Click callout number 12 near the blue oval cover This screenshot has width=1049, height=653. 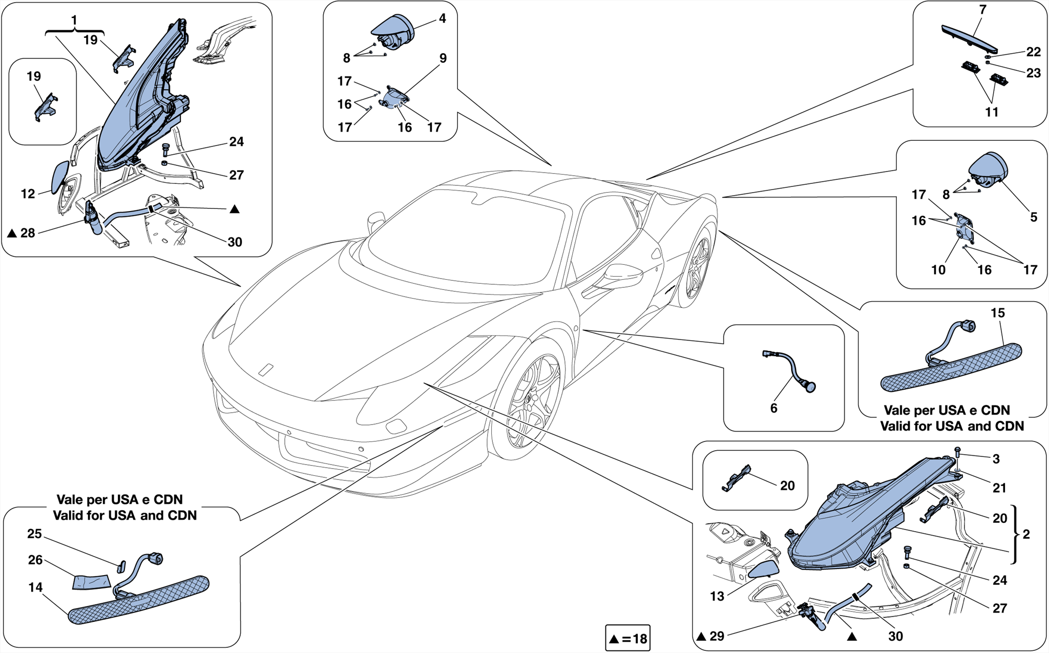(x=28, y=194)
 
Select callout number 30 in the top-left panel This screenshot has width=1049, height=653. (x=235, y=242)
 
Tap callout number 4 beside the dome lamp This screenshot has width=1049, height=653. (x=442, y=18)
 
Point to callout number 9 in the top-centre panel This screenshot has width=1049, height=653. (x=443, y=58)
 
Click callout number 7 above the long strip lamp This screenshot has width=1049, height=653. (x=982, y=10)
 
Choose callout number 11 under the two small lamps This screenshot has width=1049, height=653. (x=992, y=112)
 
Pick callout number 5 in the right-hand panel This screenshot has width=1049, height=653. (x=1033, y=217)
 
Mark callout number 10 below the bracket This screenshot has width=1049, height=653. (x=938, y=270)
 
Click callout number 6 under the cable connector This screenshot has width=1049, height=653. (x=773, y=408)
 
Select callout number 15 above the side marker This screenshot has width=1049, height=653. (x=997, y=313)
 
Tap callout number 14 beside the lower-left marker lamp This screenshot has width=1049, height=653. (x=35, y=587)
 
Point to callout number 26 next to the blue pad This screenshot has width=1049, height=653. (x=35, y=560)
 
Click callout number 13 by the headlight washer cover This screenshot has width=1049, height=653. (x=717, y=596)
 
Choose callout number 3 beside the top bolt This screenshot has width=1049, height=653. (x=996, y=459)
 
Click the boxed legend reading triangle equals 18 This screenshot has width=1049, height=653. (x=627, y=638)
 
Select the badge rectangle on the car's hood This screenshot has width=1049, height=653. (x=266, y=370)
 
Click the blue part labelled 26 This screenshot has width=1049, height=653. (x=92, y=582)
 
